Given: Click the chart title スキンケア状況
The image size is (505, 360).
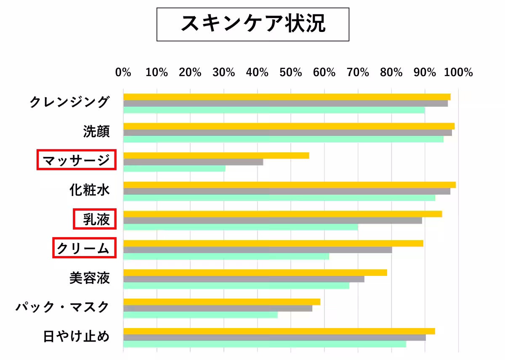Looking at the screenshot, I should (x=253, y=24).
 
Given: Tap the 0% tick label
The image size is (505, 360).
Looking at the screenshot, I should (x=123, y=72).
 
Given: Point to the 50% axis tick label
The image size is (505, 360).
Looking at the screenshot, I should (x=291, y=72).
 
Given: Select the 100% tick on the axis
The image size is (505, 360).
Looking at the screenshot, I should (x=459, y=72).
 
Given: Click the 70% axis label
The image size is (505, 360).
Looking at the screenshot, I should (x=358, y=72).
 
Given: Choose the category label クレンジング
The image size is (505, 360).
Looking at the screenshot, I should (x=69, y=102).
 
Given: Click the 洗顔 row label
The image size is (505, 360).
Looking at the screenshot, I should (x=96, y=131).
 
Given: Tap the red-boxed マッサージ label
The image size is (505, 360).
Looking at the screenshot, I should (x=76, y=160).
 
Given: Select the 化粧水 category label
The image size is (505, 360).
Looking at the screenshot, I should (x=90, y=190).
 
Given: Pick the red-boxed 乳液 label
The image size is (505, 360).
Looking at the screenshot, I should (x=95, y=219).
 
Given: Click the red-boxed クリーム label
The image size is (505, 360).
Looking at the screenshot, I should (x=84, y=248).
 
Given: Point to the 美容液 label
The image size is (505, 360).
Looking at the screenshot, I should (x=90, y=278).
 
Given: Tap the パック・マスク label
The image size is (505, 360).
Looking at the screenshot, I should (x=63, y=307).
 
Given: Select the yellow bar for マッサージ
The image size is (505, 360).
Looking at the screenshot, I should (x=216, y=156).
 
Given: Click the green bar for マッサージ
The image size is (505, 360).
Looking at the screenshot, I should (x=174, y=169).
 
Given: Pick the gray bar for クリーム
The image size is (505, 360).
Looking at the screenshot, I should (x=258, y=250).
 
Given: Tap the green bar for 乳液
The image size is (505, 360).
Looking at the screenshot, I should (x=240, y=227).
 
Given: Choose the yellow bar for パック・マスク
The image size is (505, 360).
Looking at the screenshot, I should (x=222, y=302).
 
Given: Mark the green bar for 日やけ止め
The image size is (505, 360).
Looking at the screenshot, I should (x=264, y=344).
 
